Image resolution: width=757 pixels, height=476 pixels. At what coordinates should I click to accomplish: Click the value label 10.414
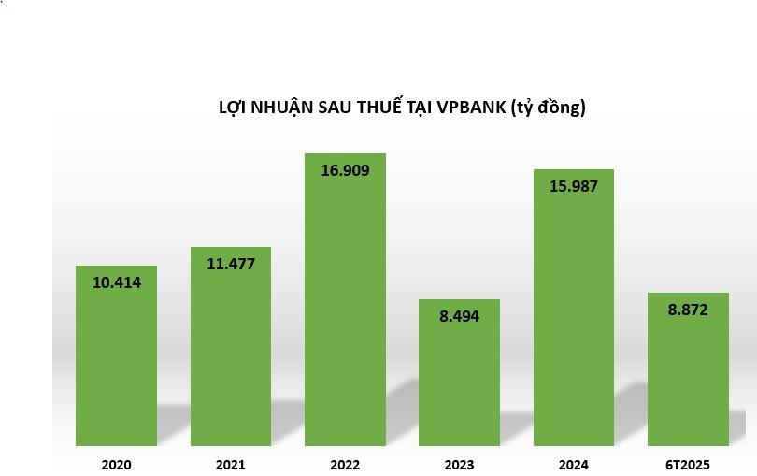click(117, 282)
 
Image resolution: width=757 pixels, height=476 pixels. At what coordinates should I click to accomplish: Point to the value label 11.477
click(231, 264)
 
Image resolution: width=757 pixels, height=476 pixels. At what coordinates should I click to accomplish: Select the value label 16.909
click(345, 170)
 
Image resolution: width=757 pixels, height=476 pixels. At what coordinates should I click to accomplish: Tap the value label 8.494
click(459, 316)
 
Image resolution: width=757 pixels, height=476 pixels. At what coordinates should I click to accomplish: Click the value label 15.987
click(574, 186)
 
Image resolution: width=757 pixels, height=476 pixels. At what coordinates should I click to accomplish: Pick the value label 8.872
click(688, 310)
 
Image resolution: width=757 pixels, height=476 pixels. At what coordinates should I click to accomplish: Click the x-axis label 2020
click(117, 464)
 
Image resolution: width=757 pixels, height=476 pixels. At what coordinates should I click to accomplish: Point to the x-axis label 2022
click(345, 464)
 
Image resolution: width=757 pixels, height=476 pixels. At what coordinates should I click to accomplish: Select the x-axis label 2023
click(459, 464)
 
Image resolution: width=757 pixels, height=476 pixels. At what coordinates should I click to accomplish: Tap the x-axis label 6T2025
click(688, 464)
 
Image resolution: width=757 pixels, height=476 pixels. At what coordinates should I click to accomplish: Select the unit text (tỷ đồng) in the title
click(549, 107)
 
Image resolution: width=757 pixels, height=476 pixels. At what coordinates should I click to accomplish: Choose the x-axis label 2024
click(574, 464)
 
